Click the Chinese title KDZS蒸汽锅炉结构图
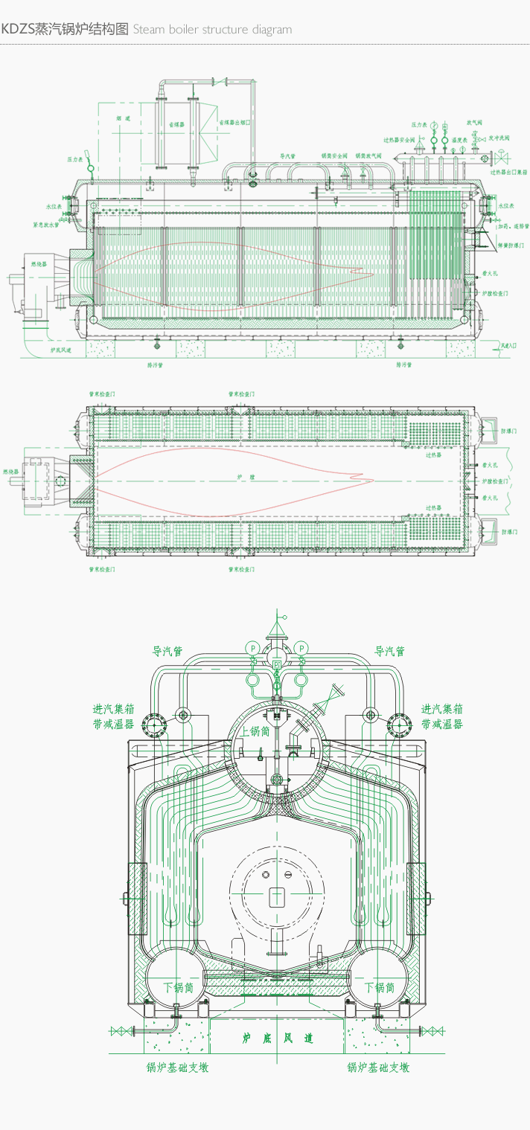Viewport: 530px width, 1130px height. point(66,30)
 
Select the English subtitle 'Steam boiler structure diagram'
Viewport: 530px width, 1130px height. point(212,30)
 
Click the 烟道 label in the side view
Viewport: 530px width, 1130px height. point(123,118)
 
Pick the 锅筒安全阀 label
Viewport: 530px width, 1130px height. point(335,155)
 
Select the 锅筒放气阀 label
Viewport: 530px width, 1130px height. point(368,155)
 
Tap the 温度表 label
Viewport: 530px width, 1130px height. point(459,140)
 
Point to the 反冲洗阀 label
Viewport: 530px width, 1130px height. point(499,138)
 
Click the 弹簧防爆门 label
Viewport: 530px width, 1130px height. point(511,245)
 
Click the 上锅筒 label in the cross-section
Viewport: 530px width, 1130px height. point(255,732)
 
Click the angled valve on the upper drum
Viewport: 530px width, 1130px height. point(325,700)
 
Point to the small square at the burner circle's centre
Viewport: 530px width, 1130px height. point(276,895)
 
